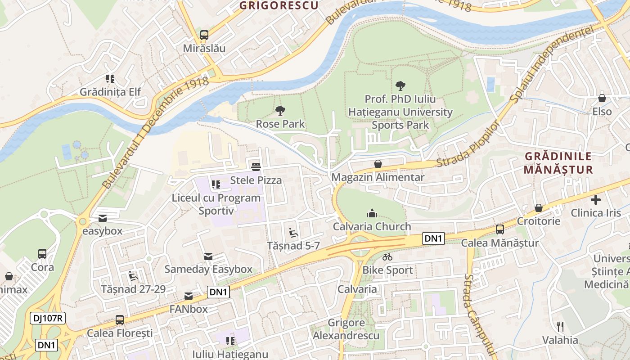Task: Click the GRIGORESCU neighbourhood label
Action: click(x=279, y=5)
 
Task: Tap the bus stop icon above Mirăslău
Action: click(x=204, y=35)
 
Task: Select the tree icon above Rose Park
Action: click(x=280, y=110)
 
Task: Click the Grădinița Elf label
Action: click(x=110, y=92)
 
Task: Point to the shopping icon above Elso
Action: click(x=602, y=98)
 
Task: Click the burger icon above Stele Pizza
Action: click(x=256, y=167)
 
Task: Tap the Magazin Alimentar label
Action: click(x=378, y=177)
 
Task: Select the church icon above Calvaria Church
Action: click(x=372, y=213)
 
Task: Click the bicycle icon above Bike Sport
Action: click(x=387, y=257)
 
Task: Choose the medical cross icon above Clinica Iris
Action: click(x=596, y=199)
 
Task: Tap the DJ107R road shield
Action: click(x=48, y=319)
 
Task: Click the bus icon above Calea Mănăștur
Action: click(x=499, y=229)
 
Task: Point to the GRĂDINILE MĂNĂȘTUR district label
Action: click(x=558, y=163)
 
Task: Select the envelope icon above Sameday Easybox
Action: click(x=208, y=256)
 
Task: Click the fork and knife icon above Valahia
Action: click(x=560, y=326)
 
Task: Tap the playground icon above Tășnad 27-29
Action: click(x=133, y=275)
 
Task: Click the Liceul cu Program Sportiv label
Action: click(x=216, y=204)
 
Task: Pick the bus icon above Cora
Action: click(x=42, y=254)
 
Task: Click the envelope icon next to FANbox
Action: click(x=189, y=296)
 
